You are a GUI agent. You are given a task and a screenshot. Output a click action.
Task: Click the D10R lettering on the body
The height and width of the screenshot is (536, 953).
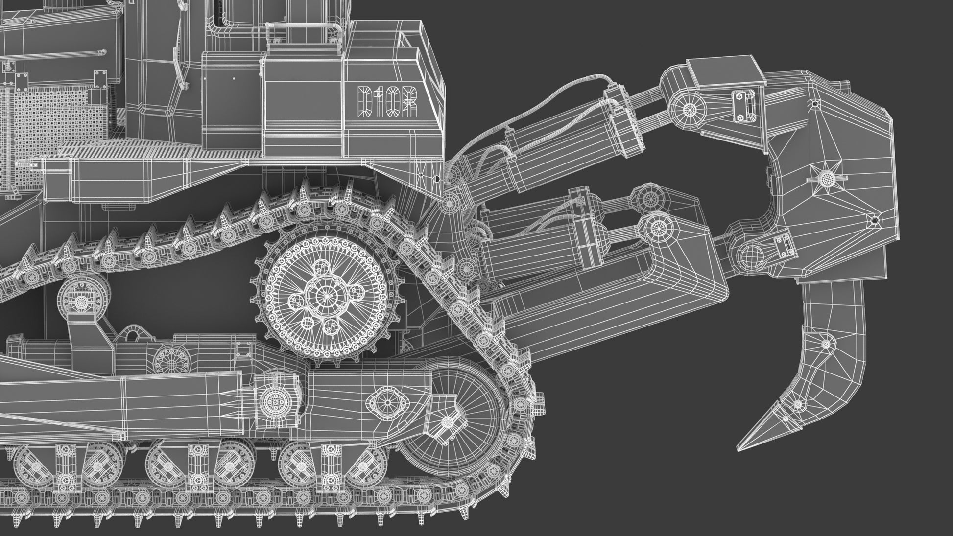pos(387,102)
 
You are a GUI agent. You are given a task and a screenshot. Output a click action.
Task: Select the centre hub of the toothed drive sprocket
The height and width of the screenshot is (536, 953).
pos(323,296)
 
